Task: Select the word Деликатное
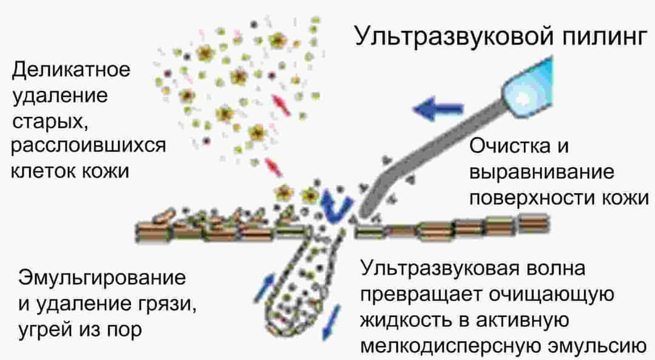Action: [x=71, y=70]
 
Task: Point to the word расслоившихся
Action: [x=89, y=146]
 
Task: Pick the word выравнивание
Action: [x=542, y=173]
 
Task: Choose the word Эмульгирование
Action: [x=102, y=278]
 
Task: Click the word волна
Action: [x=556, y=269]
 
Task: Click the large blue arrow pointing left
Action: [x=438, y=108]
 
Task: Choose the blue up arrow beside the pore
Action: [x=264, y=287]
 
